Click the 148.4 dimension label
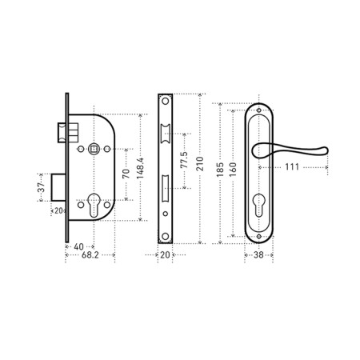[141, 168]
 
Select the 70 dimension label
[126, 174]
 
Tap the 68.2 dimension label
[90, 255]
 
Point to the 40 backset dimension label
[78, 246]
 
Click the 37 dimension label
[42, 188]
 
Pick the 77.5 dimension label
[184, 160]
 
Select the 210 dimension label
[200, 163]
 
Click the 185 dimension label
[220, 170]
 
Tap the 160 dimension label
[233, 170]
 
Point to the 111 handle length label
[292, 167]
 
